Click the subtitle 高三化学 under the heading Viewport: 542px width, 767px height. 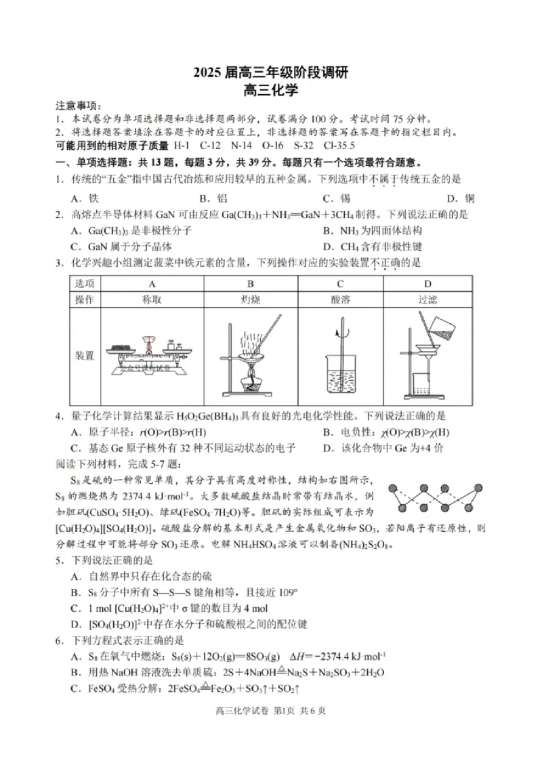[x=271, y=89]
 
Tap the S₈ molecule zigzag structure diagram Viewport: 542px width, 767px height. [x=436, y=499]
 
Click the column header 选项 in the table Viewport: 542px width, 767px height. [x=85, y=283]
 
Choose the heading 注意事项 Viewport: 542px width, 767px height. [x=78, y=105]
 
